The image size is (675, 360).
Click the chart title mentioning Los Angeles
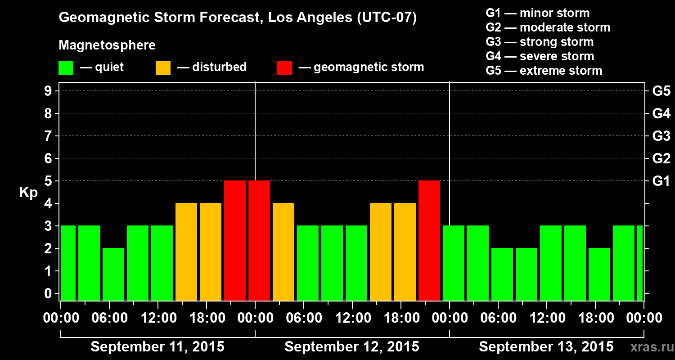coord(238,18)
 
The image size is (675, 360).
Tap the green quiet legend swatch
coord(66,68)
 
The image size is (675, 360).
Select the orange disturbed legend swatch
coord(163,68)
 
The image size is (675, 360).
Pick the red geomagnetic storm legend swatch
coord(284,68)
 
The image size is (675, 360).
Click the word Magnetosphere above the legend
coord(107,45)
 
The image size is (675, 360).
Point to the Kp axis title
coord(28,193)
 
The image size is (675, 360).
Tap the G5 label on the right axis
coord(661,91)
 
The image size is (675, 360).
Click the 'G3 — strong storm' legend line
coord(540,42)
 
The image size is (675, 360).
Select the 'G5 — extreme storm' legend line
coord(544,71)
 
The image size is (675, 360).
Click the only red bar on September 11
coord(235,240)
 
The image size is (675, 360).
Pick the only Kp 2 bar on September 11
coord(113,274)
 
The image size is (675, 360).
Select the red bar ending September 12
coord(429,240)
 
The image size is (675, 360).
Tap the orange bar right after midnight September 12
coord(283,252)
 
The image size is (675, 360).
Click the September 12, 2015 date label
coord(352,347)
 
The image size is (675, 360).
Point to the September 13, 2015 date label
coord(546,347)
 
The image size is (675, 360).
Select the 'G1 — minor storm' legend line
coord(538,13)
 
